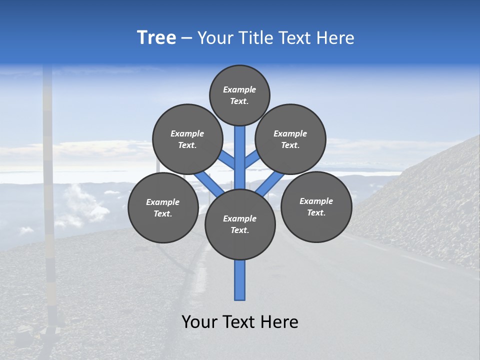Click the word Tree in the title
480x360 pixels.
click(156, 38)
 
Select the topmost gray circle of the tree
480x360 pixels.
click(239, 95)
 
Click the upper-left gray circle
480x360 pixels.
click(187, 139)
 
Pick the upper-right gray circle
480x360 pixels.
click(290, 139)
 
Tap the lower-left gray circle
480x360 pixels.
click(163, 207)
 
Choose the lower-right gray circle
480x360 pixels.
click(316, 206)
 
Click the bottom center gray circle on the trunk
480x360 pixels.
click(240, 224)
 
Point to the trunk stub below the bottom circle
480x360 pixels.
click(240, 280)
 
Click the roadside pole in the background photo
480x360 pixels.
click(48, 200)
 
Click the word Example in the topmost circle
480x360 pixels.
click(239, 89)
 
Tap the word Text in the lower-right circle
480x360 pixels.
click(315, 212)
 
